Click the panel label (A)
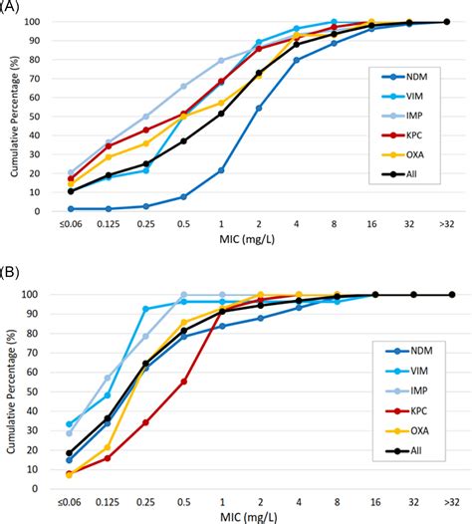[x=11, y=7]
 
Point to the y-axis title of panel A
[x=13, y=117]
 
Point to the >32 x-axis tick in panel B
[x=450, y=499]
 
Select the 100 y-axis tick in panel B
[x=41, y=295]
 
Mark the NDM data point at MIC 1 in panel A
[x=221, y=170]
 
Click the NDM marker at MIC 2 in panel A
[x=259, y=108]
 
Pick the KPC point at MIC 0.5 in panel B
[x=183, y=381]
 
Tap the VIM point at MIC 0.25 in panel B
[x=145, y=309]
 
